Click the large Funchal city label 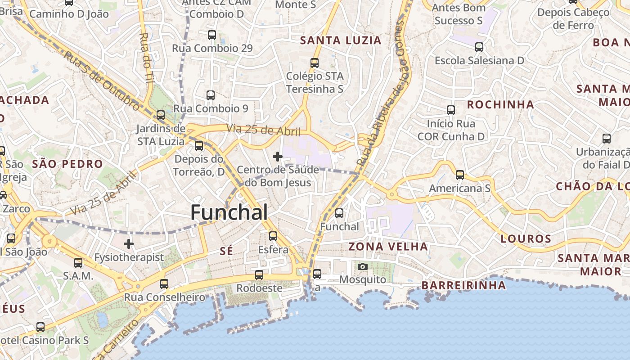tap(229, 212)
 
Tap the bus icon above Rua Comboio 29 tap(211, 35)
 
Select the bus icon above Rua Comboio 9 tap(210, 95)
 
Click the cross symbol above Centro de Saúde tap(278, 157)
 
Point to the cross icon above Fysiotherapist tap(129, 244)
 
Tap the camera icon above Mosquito tap(362, 266)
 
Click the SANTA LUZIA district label tap(341, 40)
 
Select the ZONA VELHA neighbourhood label tap(388, 247)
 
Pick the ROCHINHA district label tap(500, 105)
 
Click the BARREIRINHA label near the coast tap(463, 285)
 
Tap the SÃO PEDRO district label tap(67, 164)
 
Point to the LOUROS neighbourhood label tap(526, 239)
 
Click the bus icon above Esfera tap(273, 236)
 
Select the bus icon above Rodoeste tap(259, 274)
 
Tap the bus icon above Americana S tap(459, 175)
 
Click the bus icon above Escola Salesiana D tap(479, 47)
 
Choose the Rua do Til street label tap(145, 57)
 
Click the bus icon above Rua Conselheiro tap(164, 283)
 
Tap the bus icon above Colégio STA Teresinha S tap(314, 63)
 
